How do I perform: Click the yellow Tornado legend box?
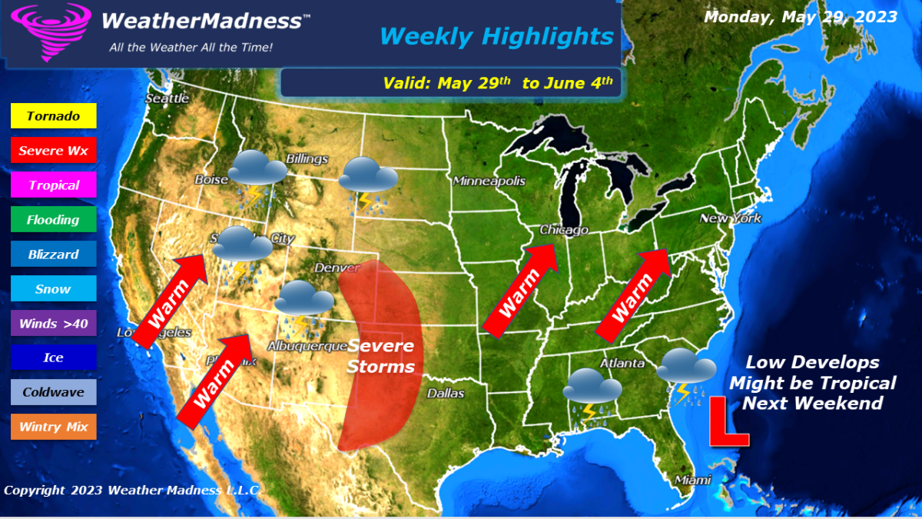(53, 116)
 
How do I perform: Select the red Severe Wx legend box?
(53, 151)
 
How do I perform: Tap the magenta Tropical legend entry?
(53, 185)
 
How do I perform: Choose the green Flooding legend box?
(53, 220)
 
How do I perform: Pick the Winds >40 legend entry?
(53, 323)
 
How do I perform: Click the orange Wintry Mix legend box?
(53, 427)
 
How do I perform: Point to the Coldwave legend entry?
(53, 392)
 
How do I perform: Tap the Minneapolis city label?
(489, 181)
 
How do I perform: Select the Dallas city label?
(446, 393)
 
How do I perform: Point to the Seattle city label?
(167, 98)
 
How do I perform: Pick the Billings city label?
(307, 159)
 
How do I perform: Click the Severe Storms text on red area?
(380, 356)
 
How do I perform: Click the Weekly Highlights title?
(496, 36)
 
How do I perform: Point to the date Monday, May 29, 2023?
(801, 17)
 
